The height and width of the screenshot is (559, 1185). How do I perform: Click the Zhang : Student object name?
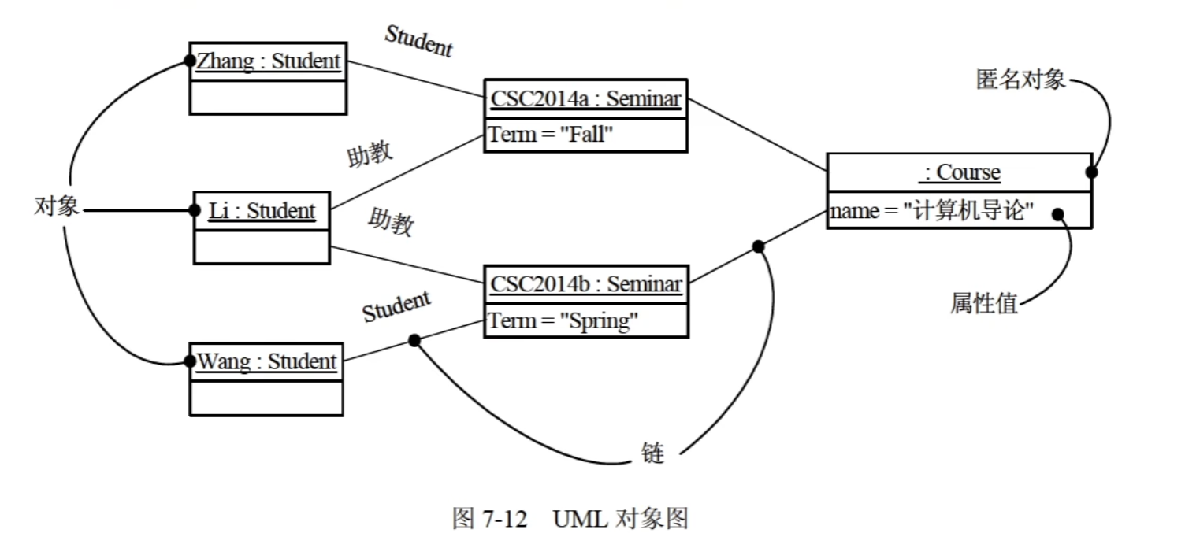tap(269, 61)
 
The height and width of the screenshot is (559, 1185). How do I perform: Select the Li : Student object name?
tap(262, 211)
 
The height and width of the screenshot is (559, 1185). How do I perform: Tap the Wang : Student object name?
tap(266, 361)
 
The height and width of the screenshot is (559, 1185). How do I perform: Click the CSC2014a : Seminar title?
tap(586, 99)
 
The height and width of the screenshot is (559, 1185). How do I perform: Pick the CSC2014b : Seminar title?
tap(586, 283)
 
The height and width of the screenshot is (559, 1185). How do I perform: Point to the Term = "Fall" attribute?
tap(551, 135)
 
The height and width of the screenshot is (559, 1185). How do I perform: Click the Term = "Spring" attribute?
tap(563, 321)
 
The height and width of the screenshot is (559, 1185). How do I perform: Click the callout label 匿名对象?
tap(1021, 80)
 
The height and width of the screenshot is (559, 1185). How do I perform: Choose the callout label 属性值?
tap(984, 303)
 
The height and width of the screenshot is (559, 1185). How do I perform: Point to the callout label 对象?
tap(57, 207)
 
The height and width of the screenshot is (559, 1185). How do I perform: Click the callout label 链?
tap(652, 453)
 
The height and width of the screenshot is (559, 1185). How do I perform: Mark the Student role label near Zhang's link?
tap(419, 41)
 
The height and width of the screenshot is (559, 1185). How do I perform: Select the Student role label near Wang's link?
tap(396, 307)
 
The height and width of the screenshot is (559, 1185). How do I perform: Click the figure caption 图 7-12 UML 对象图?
tap(570, 518)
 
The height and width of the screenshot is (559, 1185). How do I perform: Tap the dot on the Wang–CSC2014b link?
tap(414, 340)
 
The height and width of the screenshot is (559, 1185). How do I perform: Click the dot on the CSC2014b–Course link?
tap(758, 246)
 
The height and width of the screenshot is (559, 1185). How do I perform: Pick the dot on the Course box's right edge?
tap(1092, 172)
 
